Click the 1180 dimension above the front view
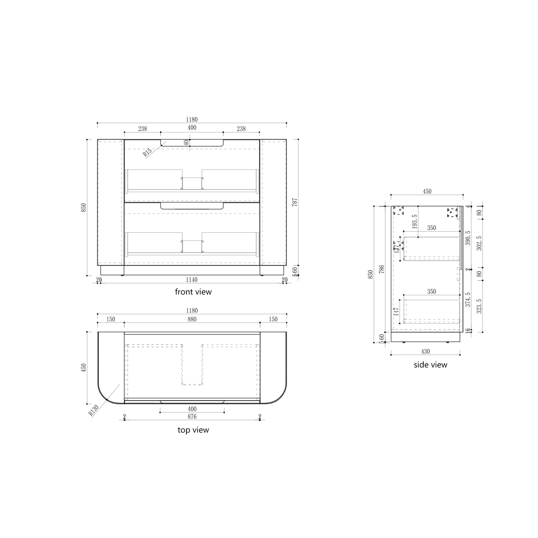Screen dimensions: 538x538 pos(192,119)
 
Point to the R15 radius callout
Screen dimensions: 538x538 pos(147,152)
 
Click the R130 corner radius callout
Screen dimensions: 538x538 pos(94,410)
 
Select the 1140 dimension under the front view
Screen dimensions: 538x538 pos(192,280)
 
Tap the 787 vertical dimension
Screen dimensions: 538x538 pos(295,202)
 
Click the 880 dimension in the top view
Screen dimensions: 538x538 pos(192,319)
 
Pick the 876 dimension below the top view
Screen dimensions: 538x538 pos(192,417)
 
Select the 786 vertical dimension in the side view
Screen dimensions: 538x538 pos(382,269)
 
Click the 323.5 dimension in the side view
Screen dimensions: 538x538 pos(479,306)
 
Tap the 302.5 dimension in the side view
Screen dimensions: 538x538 pos(479,243)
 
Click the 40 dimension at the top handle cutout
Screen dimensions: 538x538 pos(186,142)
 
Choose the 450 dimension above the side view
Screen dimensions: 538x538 pos(427,191)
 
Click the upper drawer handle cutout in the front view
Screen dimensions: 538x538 pos(192,143)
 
